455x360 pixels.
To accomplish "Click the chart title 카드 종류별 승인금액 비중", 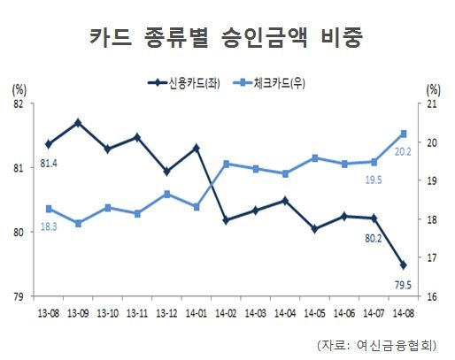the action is pyautogui.click(x=227, y=38).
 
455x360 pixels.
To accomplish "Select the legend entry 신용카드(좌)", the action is pyautogui.click(x=184, y=83).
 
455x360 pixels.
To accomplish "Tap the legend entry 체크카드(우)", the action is pyautogui.click(x=269, y=83).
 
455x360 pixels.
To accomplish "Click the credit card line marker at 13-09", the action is pyautogui.click(x=78, y=123).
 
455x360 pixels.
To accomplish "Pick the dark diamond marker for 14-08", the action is pyautogui.click(x=404, y=265).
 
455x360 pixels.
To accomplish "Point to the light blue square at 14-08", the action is pyautogui.click(x=404, y=134).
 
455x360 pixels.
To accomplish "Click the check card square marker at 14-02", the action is pyautogui.click(x=227, y=165).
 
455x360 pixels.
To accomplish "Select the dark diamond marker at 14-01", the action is pyautogui.click(x=197, y=149).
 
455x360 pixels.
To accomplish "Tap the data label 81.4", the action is pyautogui.click(x=49, y=164).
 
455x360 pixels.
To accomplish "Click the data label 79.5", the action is pyautogui.click(x=403, y=285).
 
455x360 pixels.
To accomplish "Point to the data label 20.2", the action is pyautogui.click(x=403, y=152).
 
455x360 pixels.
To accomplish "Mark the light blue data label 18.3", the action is pyautogui.click(x=49, y=227).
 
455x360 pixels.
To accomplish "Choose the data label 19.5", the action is pyautogui.click(x=374, y=180).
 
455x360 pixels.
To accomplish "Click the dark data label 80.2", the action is pyautogui.click(x=374, y=238).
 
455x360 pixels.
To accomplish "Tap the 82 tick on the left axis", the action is pyautogui.click(x=19, y=104).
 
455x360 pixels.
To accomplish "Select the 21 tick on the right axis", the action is pyautogui.click(x=432, y=104).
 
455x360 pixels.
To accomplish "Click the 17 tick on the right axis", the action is pyautogui.click(x=432, y=258).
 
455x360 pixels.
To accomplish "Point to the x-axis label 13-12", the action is pyautogui.click(x=167, y=313).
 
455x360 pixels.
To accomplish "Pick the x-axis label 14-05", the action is pyautogui.click(x=315, y=313).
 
